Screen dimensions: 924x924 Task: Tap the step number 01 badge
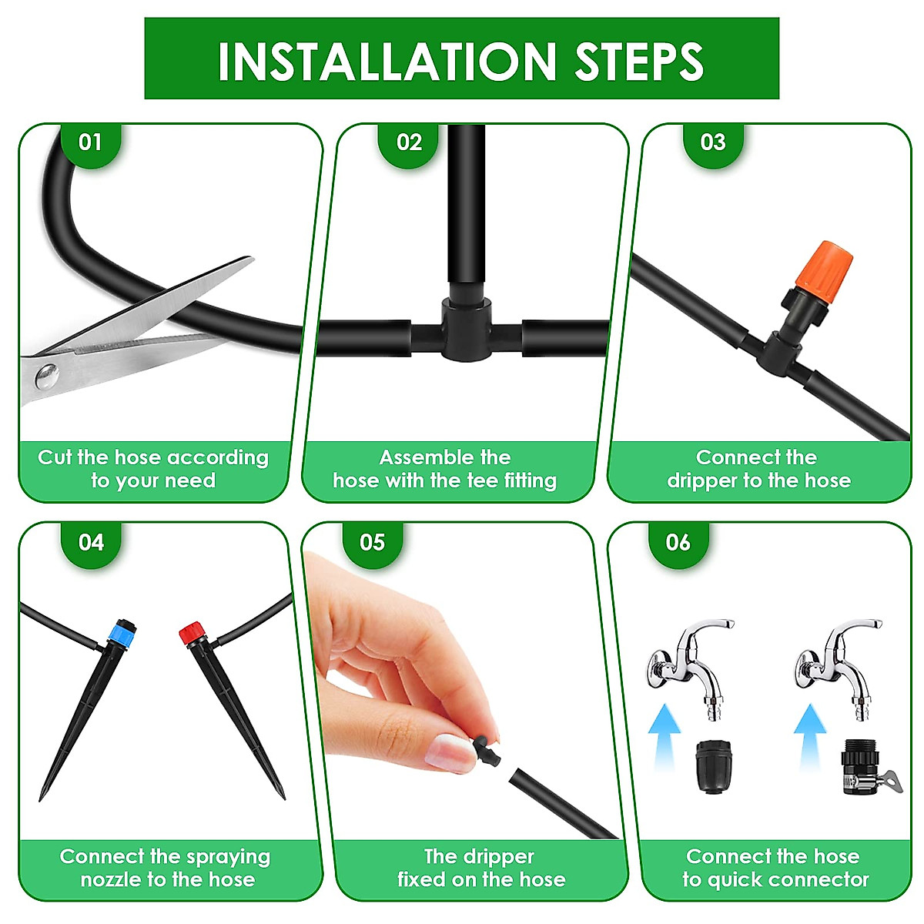click(91, 144)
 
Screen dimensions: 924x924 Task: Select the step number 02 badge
click(409, 144)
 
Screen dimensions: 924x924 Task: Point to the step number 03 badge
click(713, 144)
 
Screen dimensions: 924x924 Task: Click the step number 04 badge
click(91, 544)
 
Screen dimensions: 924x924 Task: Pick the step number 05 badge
click(372, 544)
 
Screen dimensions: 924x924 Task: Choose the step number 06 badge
click(678, 544)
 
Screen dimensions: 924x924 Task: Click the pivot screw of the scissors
click(48, 376)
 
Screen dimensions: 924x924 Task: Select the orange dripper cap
click(824, 273)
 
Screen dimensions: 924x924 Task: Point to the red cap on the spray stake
click(192, 634)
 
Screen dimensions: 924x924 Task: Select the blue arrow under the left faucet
click(665, 743)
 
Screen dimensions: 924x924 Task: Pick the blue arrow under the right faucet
click(809, 743)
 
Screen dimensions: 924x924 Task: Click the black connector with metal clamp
click(866, 767)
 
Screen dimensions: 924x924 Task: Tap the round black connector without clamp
click(714, 767)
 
